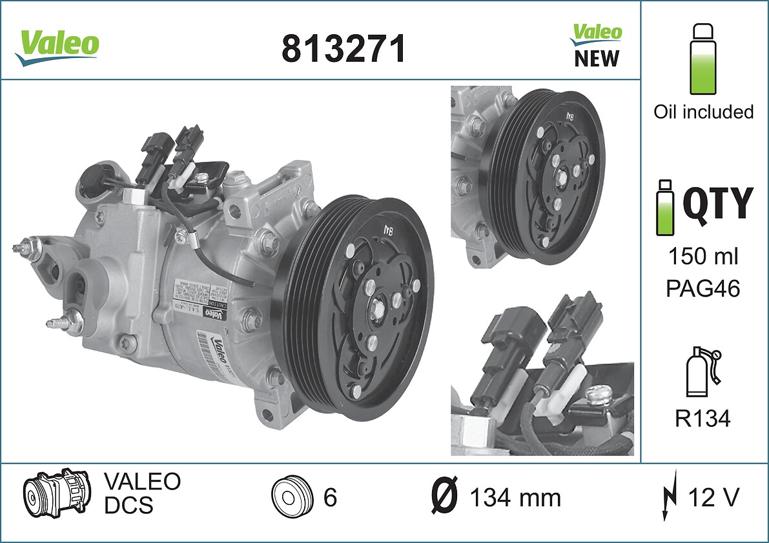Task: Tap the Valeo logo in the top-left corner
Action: pos(58,45)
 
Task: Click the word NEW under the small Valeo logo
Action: pos(596,59)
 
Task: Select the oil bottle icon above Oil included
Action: pos(703,59)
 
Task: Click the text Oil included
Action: pos(703,112)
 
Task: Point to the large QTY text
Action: pos(717,202)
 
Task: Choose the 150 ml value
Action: pos(702,257)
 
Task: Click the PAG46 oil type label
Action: pos(702,288)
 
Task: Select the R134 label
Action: pos(702,419)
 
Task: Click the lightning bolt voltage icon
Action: pos(670,497)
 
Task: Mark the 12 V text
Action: pos(713,498)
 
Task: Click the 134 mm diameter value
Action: pos(515,498)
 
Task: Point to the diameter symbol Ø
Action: pos(444,498)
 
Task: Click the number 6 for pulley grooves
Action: pos(330,498)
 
